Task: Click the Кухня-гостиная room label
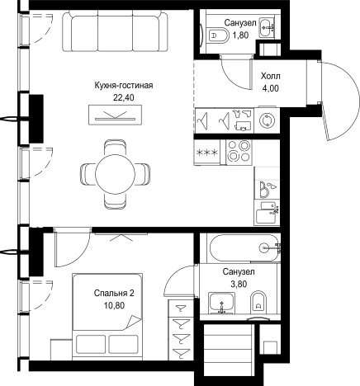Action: [124, 86]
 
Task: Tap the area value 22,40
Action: [124, 97]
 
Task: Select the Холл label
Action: [271, 76]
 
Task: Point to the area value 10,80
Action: [114, 305]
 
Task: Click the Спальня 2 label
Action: [114, 294]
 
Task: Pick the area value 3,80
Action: [239, 284]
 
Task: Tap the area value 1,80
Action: [240, 35]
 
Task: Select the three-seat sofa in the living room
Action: [115, 31]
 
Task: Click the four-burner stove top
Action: [239, 151]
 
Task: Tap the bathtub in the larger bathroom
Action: [245, 248]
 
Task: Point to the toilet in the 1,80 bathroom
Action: [218, 35]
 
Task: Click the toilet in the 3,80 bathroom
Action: [258, 303]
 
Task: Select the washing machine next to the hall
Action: [267, 120]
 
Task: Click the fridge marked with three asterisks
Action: [207, 152]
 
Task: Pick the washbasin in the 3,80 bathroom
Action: [222, 303]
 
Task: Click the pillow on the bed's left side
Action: [91, 344]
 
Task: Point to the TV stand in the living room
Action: [116, 115]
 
